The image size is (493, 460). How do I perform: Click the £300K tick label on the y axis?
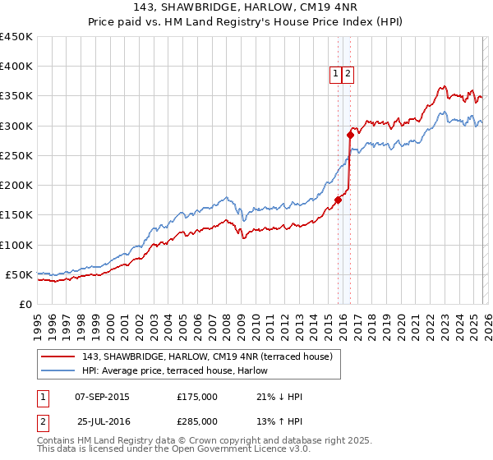16,126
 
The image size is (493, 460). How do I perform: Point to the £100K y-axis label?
16,245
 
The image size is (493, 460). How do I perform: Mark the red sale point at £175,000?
338,200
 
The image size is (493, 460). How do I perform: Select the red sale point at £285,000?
350,135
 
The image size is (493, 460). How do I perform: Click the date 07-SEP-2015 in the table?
102,397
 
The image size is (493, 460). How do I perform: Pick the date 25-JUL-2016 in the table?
104,421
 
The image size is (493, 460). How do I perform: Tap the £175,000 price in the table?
197,397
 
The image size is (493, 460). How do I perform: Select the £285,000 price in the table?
197,421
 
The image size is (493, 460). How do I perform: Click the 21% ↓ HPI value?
279,397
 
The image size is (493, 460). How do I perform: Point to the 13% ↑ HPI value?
279,421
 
